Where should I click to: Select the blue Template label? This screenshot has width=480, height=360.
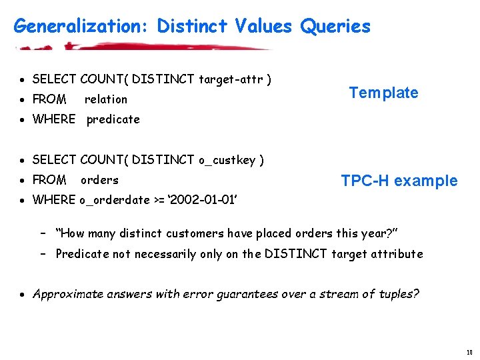click(383, 93)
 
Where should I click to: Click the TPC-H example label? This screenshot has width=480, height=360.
click(399, 181)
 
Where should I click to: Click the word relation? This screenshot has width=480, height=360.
click(105, 99)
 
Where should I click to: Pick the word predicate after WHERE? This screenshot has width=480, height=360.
click(113, 119)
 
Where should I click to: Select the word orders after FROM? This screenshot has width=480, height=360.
click(99, 180)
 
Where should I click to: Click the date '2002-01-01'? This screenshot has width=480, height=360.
click(207, 200)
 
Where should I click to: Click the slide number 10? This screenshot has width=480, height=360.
click(469, 352)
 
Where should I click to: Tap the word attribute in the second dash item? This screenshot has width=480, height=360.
click(397, 253)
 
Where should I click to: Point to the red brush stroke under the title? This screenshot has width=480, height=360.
click(143, 47)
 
